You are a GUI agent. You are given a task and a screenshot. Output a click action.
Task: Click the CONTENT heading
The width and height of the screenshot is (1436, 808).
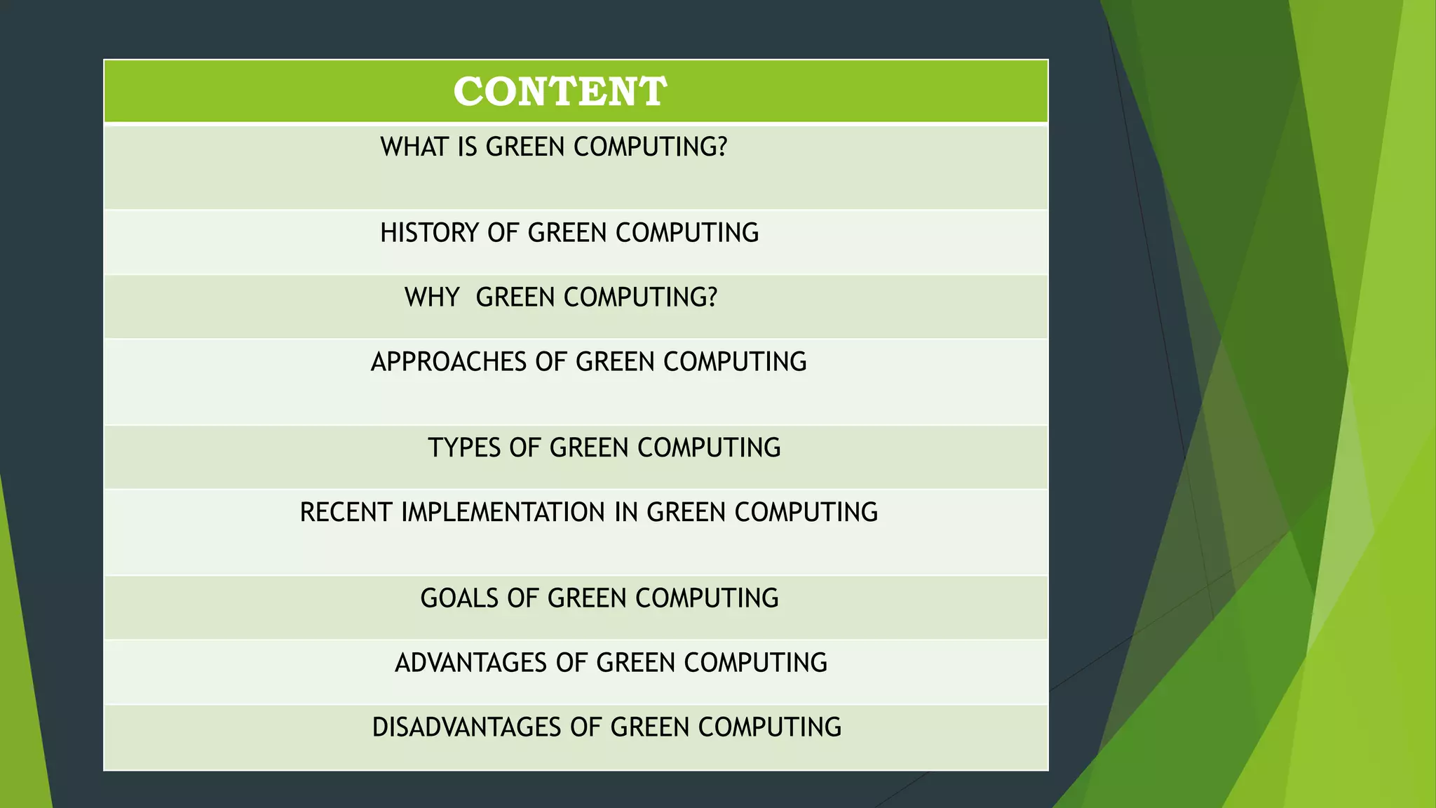560,92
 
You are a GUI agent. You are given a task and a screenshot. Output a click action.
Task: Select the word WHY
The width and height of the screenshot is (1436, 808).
432,297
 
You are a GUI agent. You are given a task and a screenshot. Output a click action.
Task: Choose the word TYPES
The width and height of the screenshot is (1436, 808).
464,447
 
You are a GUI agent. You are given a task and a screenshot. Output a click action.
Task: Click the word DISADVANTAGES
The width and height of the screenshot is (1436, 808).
467,727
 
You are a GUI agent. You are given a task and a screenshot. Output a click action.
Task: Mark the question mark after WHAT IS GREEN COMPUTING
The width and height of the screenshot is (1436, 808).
722,147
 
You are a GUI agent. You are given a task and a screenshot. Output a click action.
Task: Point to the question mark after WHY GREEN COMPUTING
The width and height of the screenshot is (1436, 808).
712,297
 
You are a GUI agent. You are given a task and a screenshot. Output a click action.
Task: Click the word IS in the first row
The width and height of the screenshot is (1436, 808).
468,147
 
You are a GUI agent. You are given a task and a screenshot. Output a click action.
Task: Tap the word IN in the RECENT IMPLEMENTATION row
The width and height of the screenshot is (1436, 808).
627,512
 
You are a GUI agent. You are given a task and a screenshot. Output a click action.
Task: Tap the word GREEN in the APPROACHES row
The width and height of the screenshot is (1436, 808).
616,362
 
